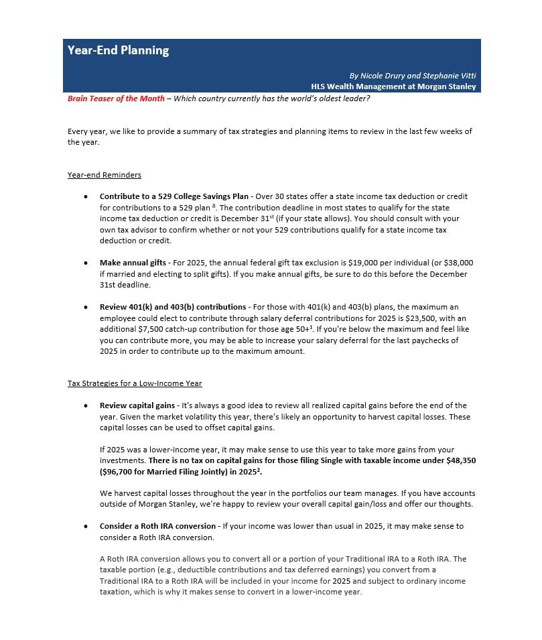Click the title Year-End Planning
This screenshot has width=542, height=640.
click(118, 50)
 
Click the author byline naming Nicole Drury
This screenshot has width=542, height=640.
click(413, 76)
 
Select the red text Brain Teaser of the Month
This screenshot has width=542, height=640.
click(116, 99)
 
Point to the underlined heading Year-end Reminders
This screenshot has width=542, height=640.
click(105, 175)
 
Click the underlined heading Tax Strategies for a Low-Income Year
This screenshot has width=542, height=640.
click(135, 383)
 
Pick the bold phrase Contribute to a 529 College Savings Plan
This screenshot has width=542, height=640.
click(174, 196)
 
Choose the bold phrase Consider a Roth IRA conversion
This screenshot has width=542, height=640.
click(157, 526)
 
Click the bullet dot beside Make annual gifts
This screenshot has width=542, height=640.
click(86, 263)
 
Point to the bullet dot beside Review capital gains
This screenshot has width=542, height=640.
click(86, 405)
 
